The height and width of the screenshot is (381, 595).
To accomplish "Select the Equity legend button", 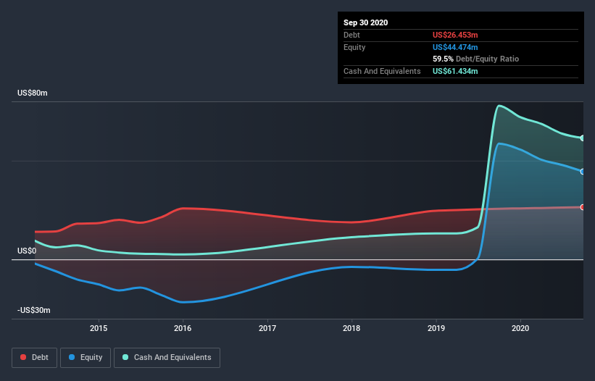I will pos(86,357).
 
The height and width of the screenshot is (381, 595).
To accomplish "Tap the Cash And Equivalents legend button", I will pos(167,357).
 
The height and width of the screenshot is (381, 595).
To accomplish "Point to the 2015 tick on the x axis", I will pos(99,328).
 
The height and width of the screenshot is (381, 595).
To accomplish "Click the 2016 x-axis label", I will pos(183,328).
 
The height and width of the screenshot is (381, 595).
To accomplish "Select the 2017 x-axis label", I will pos(268,328).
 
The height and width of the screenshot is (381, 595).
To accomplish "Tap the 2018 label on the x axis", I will pos(352,328).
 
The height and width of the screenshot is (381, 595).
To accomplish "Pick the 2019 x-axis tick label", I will pos(436,328).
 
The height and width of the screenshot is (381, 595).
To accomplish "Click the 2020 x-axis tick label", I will pos(521,328).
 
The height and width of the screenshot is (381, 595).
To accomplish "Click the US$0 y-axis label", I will pos(27,251).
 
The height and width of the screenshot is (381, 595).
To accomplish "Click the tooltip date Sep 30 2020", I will pos(365,22).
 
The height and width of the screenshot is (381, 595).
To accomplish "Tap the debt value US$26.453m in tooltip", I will pos(455,35).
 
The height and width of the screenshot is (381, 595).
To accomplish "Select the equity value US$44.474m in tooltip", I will pos(455,47).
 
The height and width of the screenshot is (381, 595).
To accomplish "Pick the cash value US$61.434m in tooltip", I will pos(455,71).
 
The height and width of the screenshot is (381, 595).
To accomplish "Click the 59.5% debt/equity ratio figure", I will pos(443,59).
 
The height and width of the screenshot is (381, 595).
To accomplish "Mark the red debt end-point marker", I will pos(583,207).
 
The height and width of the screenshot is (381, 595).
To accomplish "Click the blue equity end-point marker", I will pos(583,172).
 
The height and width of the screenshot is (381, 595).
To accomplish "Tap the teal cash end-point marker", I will pos(583,138).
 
